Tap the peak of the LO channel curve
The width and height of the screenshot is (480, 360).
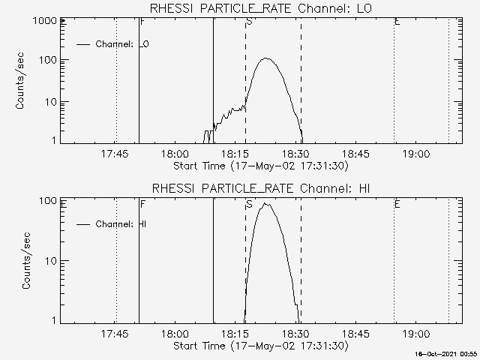point(265,58)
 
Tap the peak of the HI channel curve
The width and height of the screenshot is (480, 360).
point(265,203)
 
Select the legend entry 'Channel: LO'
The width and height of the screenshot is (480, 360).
point(122,44)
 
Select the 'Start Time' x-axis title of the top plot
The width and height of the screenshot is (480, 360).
point(260,165)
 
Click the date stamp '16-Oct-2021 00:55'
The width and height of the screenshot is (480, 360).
point(448,353)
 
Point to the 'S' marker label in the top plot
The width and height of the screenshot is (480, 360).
point(249,22)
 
